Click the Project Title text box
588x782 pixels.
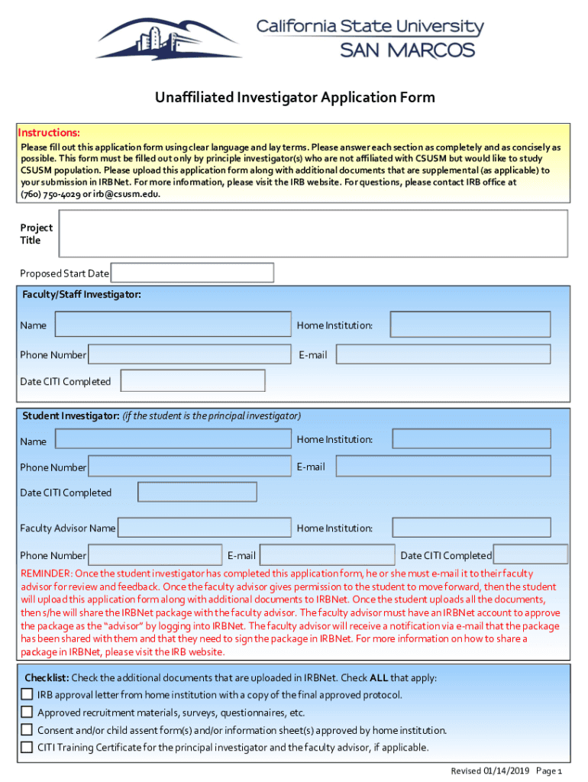[312, 234]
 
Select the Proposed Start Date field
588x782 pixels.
[192, 273]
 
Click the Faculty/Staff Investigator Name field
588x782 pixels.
[173, 325]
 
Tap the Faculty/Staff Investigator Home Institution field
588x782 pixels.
[470, 325]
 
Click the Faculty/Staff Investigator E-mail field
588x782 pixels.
[443, 354]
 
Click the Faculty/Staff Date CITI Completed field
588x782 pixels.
[192, 380]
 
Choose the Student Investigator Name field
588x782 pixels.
[173, 439]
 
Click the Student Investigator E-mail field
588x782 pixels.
[443, 466]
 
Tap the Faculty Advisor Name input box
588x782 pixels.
[204, 528]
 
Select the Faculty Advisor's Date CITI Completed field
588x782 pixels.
[530, 554]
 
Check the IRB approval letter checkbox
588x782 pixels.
[27, 694]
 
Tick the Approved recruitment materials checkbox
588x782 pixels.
[27, 712]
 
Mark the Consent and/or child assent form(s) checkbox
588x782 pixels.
[27, 729]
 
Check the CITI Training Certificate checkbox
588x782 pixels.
[27, 747]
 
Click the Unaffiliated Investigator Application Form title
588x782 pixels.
[295, 98]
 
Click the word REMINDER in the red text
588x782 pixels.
[46, 574]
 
